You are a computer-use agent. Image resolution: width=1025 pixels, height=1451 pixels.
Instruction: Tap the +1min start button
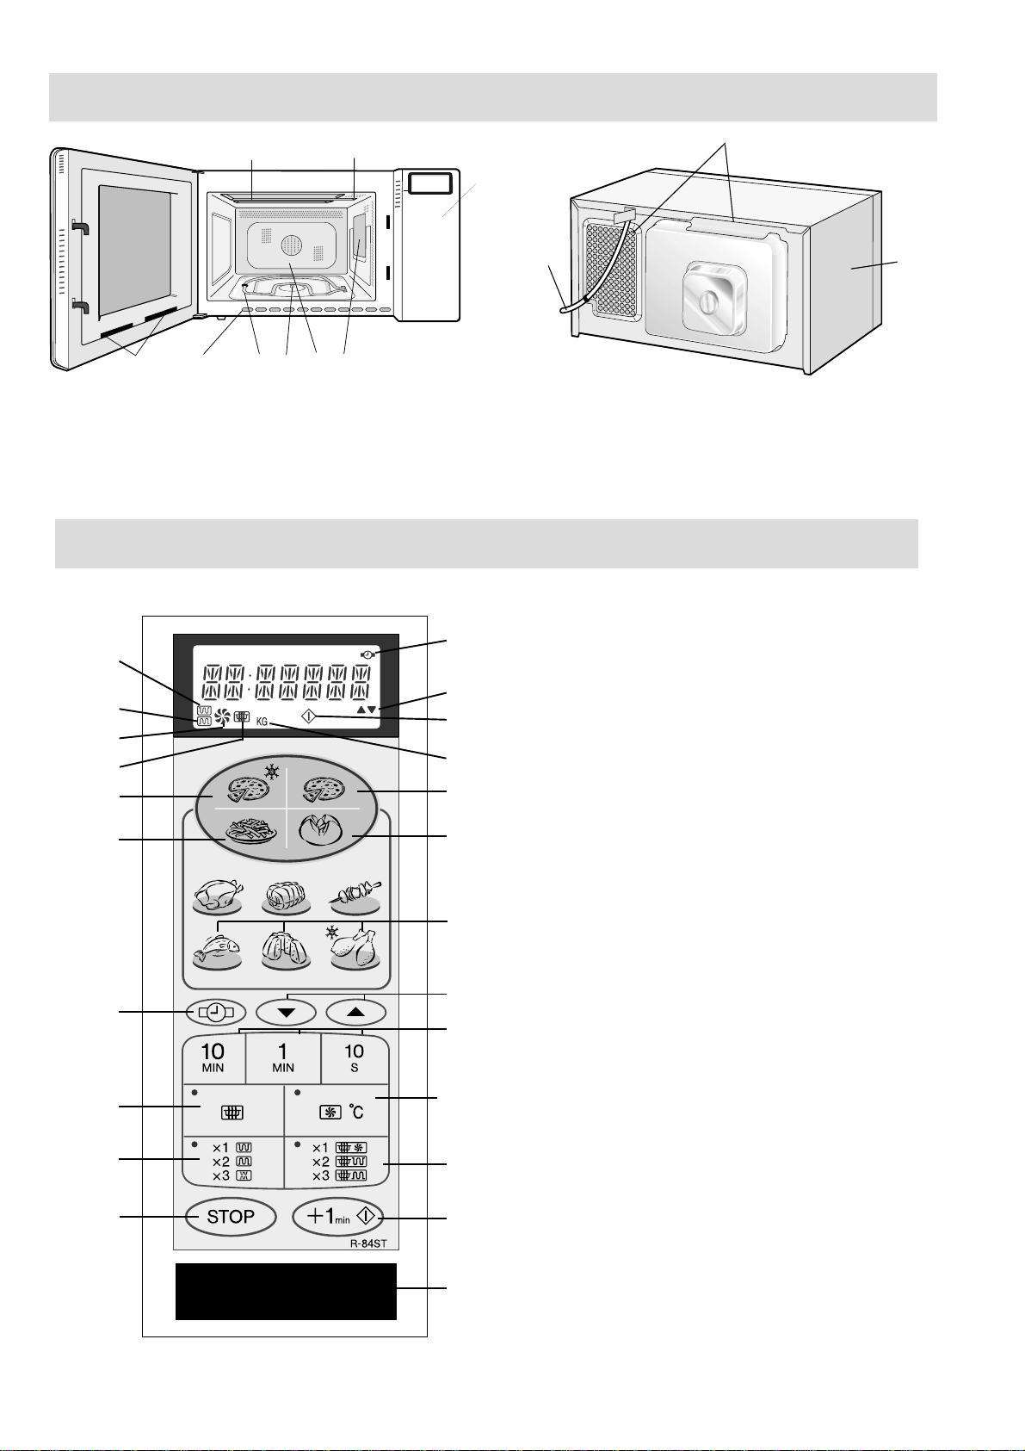click(x=339, y=1217)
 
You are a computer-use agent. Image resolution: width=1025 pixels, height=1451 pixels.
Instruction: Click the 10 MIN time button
click(x=213, y=1058)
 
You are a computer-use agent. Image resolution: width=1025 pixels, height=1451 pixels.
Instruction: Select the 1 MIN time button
click(x=283, y=1058)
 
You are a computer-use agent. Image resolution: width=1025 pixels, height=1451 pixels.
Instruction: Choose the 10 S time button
click(x=354, y=1058)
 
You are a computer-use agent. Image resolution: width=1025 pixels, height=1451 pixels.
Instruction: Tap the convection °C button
click(x=337, y=1111)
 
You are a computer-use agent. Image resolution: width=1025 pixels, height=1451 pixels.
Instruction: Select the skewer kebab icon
click(x=356, y=896)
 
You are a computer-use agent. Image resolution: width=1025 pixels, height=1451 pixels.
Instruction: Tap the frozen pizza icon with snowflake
click(x=248, y=788)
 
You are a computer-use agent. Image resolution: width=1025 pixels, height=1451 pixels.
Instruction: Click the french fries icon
click(x=250, y=833)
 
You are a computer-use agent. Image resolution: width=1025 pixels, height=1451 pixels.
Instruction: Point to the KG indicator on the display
click(x=262, y=722)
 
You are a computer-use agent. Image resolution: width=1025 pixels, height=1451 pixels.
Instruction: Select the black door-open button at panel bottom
click(x=286, y=1291)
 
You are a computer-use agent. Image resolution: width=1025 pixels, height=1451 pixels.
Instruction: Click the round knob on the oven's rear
click(x=707, y=303)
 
